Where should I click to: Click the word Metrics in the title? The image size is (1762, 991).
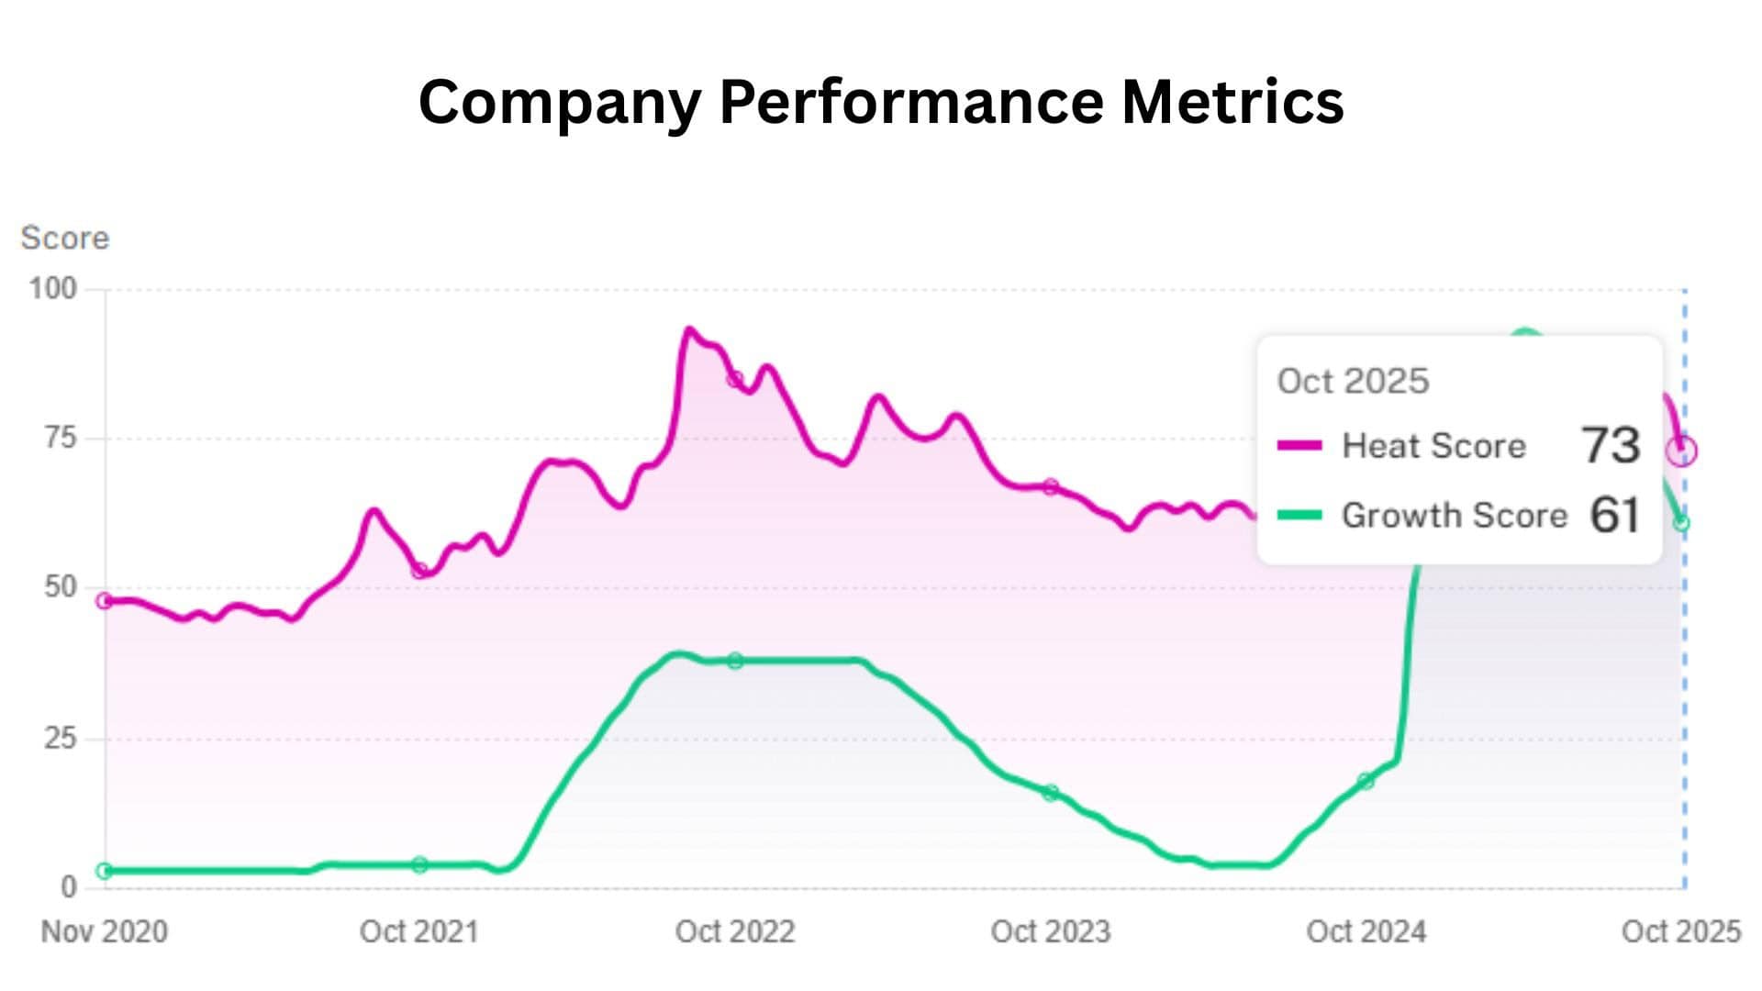[1232, 101]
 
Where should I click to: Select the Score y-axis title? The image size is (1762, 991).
[65, 239]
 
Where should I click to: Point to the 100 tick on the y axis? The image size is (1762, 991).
[53, 289]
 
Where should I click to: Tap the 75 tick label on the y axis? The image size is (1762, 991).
[61, 438]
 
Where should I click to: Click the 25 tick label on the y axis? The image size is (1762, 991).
[61, 739]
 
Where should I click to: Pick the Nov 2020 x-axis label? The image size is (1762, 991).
[105, 932]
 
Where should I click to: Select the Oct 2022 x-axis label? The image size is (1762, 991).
[735, 932]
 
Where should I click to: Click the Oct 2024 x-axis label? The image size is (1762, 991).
[1366, 932]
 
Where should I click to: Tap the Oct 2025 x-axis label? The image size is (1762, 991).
[1681, 932]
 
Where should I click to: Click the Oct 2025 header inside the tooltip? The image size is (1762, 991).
[1353, 382]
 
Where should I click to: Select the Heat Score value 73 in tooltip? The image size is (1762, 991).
[1611, 446]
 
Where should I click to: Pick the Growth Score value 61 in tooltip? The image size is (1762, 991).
[1615, 516]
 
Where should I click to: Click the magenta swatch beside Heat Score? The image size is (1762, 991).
[1299, 446]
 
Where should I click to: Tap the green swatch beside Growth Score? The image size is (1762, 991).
[1299, 516]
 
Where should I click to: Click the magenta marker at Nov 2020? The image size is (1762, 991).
[105, 601]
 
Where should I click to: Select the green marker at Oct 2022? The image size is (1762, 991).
[735, 661]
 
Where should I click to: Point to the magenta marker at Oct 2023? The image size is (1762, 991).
[1051, 487]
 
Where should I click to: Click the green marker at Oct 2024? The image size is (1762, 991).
[1366, 782]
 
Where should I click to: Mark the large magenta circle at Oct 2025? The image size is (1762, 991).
[1682, 451]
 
